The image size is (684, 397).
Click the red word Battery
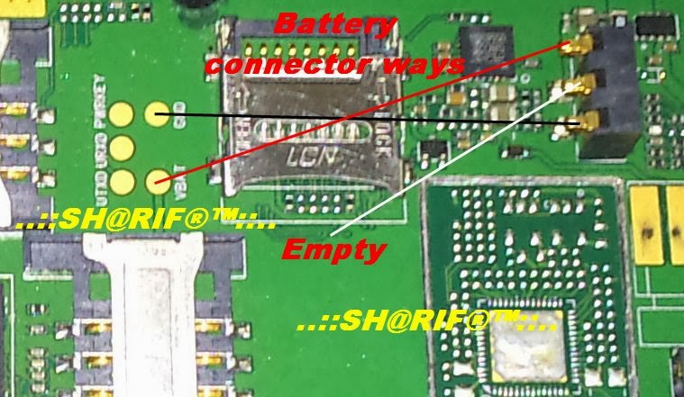[x=334, y=24]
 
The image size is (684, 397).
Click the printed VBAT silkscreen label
[x=184, y=181]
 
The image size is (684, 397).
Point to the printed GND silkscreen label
[x=184, y=114]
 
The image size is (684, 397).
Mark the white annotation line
[x=451, y=162]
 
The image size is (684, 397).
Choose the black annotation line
[x=360, y=121]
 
